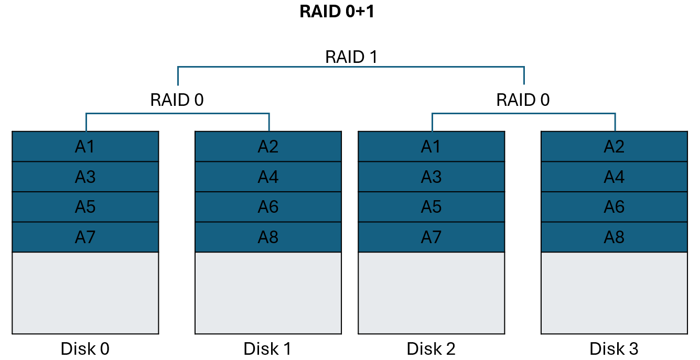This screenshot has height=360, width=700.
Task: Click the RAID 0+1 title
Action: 337,12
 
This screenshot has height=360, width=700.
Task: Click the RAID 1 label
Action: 351,57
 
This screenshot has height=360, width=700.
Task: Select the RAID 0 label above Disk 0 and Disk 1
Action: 177,100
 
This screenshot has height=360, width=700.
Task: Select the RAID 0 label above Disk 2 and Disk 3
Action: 523,100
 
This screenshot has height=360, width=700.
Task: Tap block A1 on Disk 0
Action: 85,147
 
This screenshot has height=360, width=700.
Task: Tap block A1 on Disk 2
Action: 431,147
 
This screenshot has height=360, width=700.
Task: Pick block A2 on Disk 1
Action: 268,147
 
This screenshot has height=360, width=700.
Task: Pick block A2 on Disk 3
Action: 614,147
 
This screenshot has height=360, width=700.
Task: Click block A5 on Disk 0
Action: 85,207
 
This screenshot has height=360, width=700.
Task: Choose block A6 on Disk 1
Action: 268,207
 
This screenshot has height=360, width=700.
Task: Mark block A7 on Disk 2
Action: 431,237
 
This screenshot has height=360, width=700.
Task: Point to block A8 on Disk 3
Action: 614,237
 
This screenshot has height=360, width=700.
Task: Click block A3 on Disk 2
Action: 431,177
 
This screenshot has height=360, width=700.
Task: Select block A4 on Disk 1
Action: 268,177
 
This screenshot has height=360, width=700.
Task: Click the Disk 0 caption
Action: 85,348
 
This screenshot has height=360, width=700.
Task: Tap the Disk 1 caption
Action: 267,348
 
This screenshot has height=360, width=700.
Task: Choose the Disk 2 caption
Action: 431,348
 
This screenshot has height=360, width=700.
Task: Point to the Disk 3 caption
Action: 613,348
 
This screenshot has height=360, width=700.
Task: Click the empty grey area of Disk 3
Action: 614,292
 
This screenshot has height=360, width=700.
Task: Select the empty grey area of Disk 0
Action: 85,292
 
